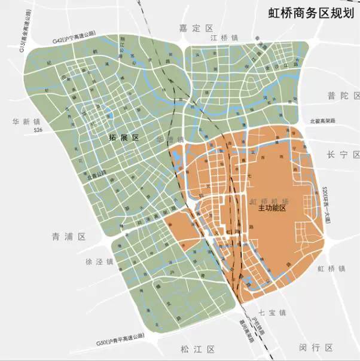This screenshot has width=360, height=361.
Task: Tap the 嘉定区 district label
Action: pyautogui.click(x=196, y=28)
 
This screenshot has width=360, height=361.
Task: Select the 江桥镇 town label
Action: pyautogui.click(x=225, y=38)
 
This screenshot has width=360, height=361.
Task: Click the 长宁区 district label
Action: pyautogui.click(x=342, y=154)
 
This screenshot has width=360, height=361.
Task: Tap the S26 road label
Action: pyautogui.click(x=38, y=130)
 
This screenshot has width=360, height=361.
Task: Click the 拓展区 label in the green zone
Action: pyautogui.click(x=124, y=138)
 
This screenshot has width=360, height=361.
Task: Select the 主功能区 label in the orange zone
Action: pyautogui.click(x=272, y=210)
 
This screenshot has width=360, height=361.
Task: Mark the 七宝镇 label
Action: pyautogui.click(x=274, y=313)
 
